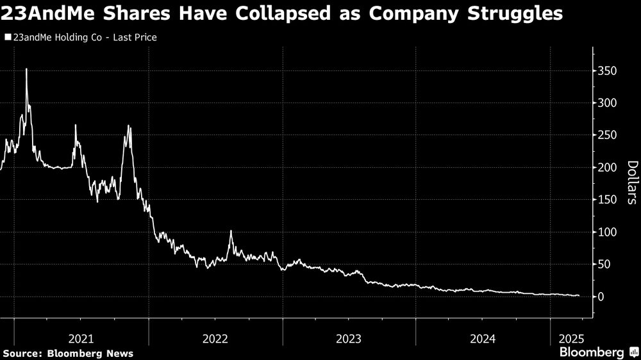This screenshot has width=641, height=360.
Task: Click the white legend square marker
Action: [7, 38]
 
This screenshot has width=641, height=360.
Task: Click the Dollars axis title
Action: [631, 183]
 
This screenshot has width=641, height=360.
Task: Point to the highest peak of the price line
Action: [26, 69]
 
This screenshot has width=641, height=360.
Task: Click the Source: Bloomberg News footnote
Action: [68, 354]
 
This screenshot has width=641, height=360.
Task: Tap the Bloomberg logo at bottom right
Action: [598, 352]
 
